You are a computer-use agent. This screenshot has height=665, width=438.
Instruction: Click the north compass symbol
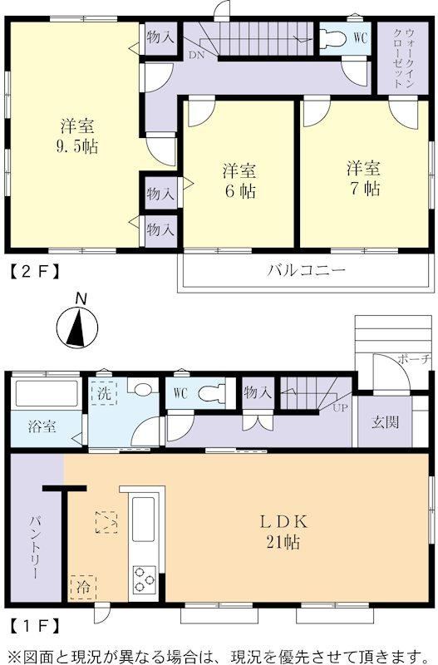pyautogui.click(x=77, y=324)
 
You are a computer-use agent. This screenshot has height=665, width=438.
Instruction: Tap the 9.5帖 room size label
pyautogui.click(x=76, y=146)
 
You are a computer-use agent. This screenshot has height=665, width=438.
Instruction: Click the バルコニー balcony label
pyautogui.click(x=306, y=270)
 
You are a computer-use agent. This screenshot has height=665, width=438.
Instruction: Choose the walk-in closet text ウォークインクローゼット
pyautogui.click(x=403, y=58)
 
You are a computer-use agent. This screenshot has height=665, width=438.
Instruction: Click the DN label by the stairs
pyautogui.click(x=196, y=55)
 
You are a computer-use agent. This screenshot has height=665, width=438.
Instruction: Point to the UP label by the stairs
pyautogui.click(x=340, y=408)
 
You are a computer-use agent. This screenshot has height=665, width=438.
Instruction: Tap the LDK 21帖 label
pyautogui.click(x=283, y=531)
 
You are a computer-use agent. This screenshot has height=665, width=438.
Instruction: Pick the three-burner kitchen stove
pyautogui.click(x=145, y=579)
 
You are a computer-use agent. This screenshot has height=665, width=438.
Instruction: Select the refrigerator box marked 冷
pyautogui.click(x=83, y=588)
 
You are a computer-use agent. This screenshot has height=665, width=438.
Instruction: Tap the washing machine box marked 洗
pyautogui.click(x=105, y=393)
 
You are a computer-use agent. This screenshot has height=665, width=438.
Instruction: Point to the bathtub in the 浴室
pyautogui.click(x=47, y=393)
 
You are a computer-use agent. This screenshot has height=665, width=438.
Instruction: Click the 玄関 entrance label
pyautogui.click(x=385, y=422)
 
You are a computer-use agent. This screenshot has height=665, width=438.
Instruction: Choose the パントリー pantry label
pyautogui.click(x=36, y=547)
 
